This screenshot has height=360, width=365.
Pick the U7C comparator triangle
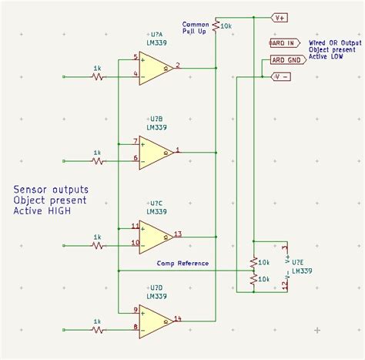click(155, 237)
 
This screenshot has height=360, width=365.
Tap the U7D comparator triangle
click(155, 321)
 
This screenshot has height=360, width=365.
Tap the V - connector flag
click(282, 76)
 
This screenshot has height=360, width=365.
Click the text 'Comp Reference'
click(182, 264)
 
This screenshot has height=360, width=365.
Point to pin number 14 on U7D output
click(178, 318)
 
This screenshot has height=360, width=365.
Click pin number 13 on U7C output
click(178, 233)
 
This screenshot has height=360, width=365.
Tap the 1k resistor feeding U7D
click(97, 330)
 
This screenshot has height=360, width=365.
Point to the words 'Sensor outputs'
click(51, 189)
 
